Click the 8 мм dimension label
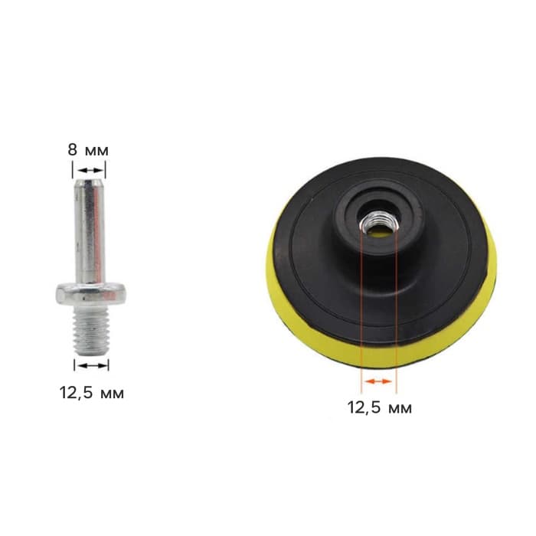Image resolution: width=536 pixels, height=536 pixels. tap(88, 150)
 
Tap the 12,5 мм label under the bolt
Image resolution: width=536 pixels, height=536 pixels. tap(92, 393)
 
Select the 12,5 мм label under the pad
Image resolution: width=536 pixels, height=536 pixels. tap(380, 407)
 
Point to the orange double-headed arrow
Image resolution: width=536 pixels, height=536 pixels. tap(378, 381)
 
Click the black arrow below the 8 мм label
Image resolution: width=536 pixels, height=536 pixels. tap(89, 170)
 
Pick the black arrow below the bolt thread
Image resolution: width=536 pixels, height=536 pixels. tap(92, 365)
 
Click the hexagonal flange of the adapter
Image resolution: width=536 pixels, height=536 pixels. tap(91, 293)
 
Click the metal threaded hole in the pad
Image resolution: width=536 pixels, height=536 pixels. tap(378, 224)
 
